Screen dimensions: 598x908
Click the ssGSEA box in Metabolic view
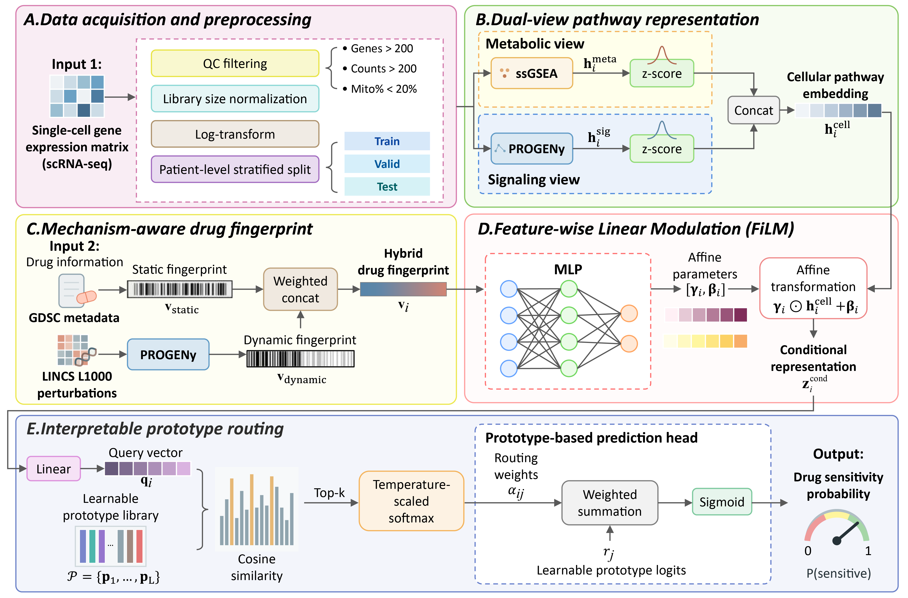tap(532, 73)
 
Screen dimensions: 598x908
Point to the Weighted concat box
tap(300, 289)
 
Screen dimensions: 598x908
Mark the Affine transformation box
tap(813, 288)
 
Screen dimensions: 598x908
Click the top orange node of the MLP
tap(629, 314)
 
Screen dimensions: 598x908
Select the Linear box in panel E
tap(53, 469)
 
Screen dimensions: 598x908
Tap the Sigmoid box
tap(721, 502)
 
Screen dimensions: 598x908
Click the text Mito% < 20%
tap(383, 89)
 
